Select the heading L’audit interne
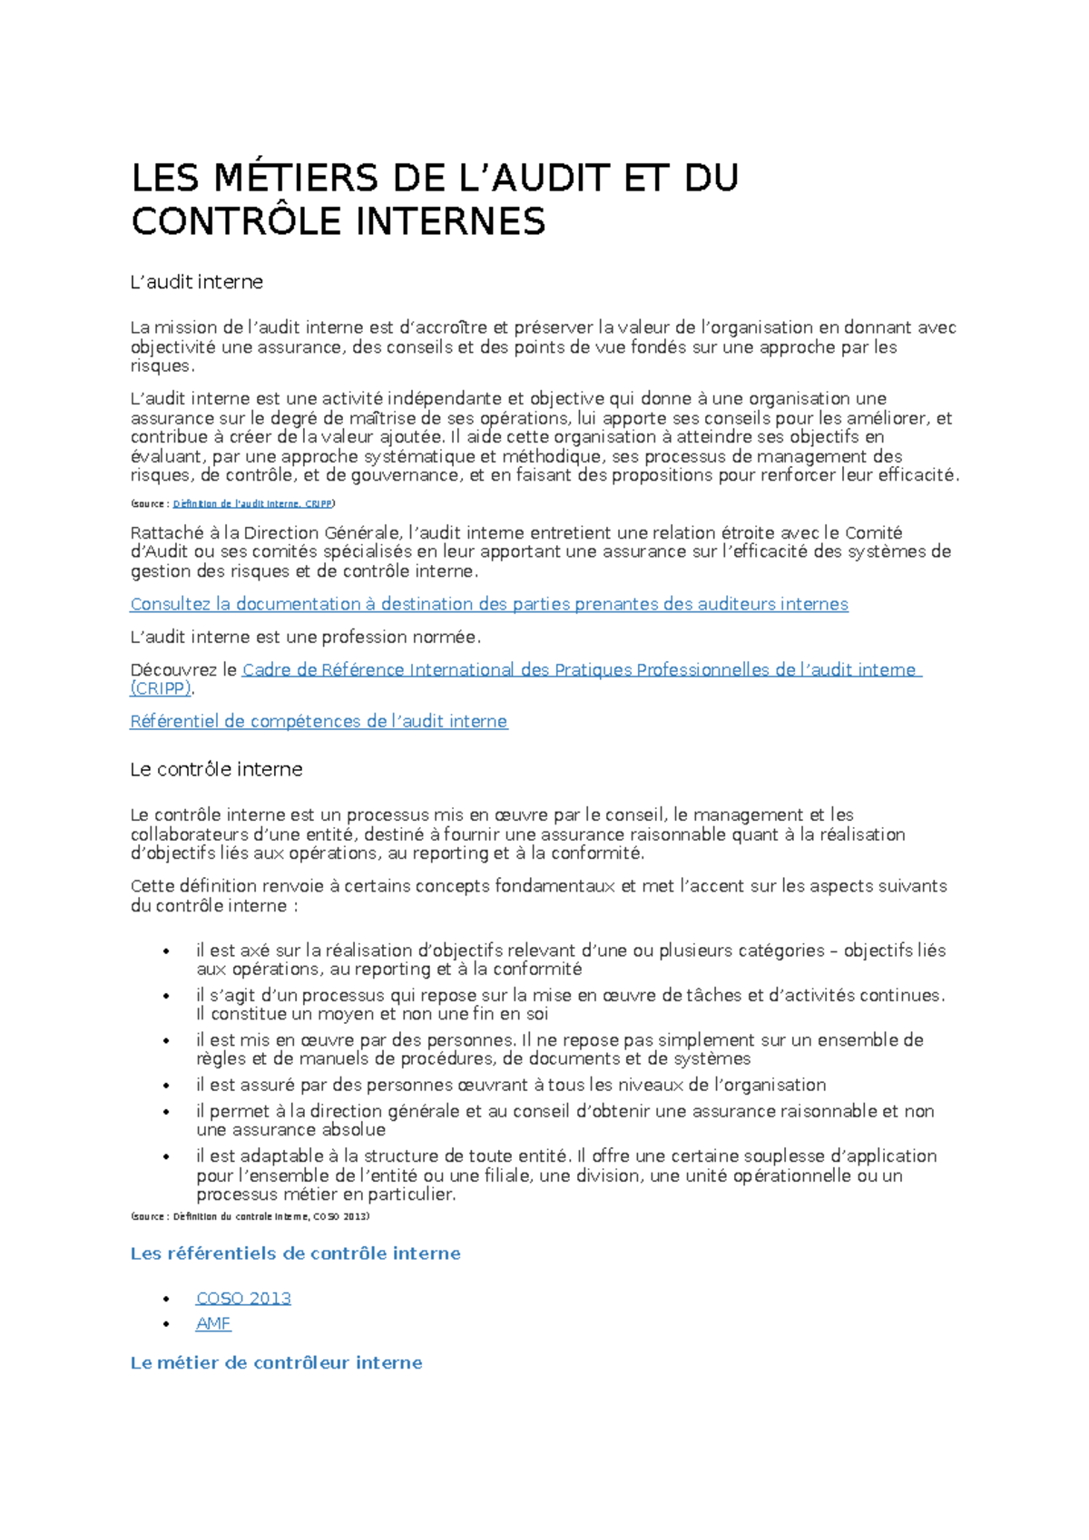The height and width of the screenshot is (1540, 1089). tap(197, 282)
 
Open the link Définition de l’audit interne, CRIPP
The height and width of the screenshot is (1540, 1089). tap(252, 503)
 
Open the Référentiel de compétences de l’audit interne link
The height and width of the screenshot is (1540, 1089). tap(319, 721)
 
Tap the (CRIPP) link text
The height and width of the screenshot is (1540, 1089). tap(161, 688)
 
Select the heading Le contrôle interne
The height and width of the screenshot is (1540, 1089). tap(216, 769)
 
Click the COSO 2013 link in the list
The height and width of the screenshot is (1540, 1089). tap(243, 1298)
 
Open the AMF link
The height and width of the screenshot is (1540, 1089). tap(213, 1323)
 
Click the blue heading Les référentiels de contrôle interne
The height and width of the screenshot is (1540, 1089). tap(295, 1253)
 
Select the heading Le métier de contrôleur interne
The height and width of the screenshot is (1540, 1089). tap(276, 1362)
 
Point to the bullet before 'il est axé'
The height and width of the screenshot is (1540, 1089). tap(166, 951)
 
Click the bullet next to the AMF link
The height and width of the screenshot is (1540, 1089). tap(166, 1324)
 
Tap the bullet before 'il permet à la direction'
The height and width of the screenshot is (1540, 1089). tap(166, 1112)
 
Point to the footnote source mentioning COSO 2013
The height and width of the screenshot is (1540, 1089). tap(250, 1216)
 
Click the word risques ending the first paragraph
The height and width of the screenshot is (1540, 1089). tap(161, 366)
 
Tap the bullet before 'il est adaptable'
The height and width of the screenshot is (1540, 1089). tap(166, 1156)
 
